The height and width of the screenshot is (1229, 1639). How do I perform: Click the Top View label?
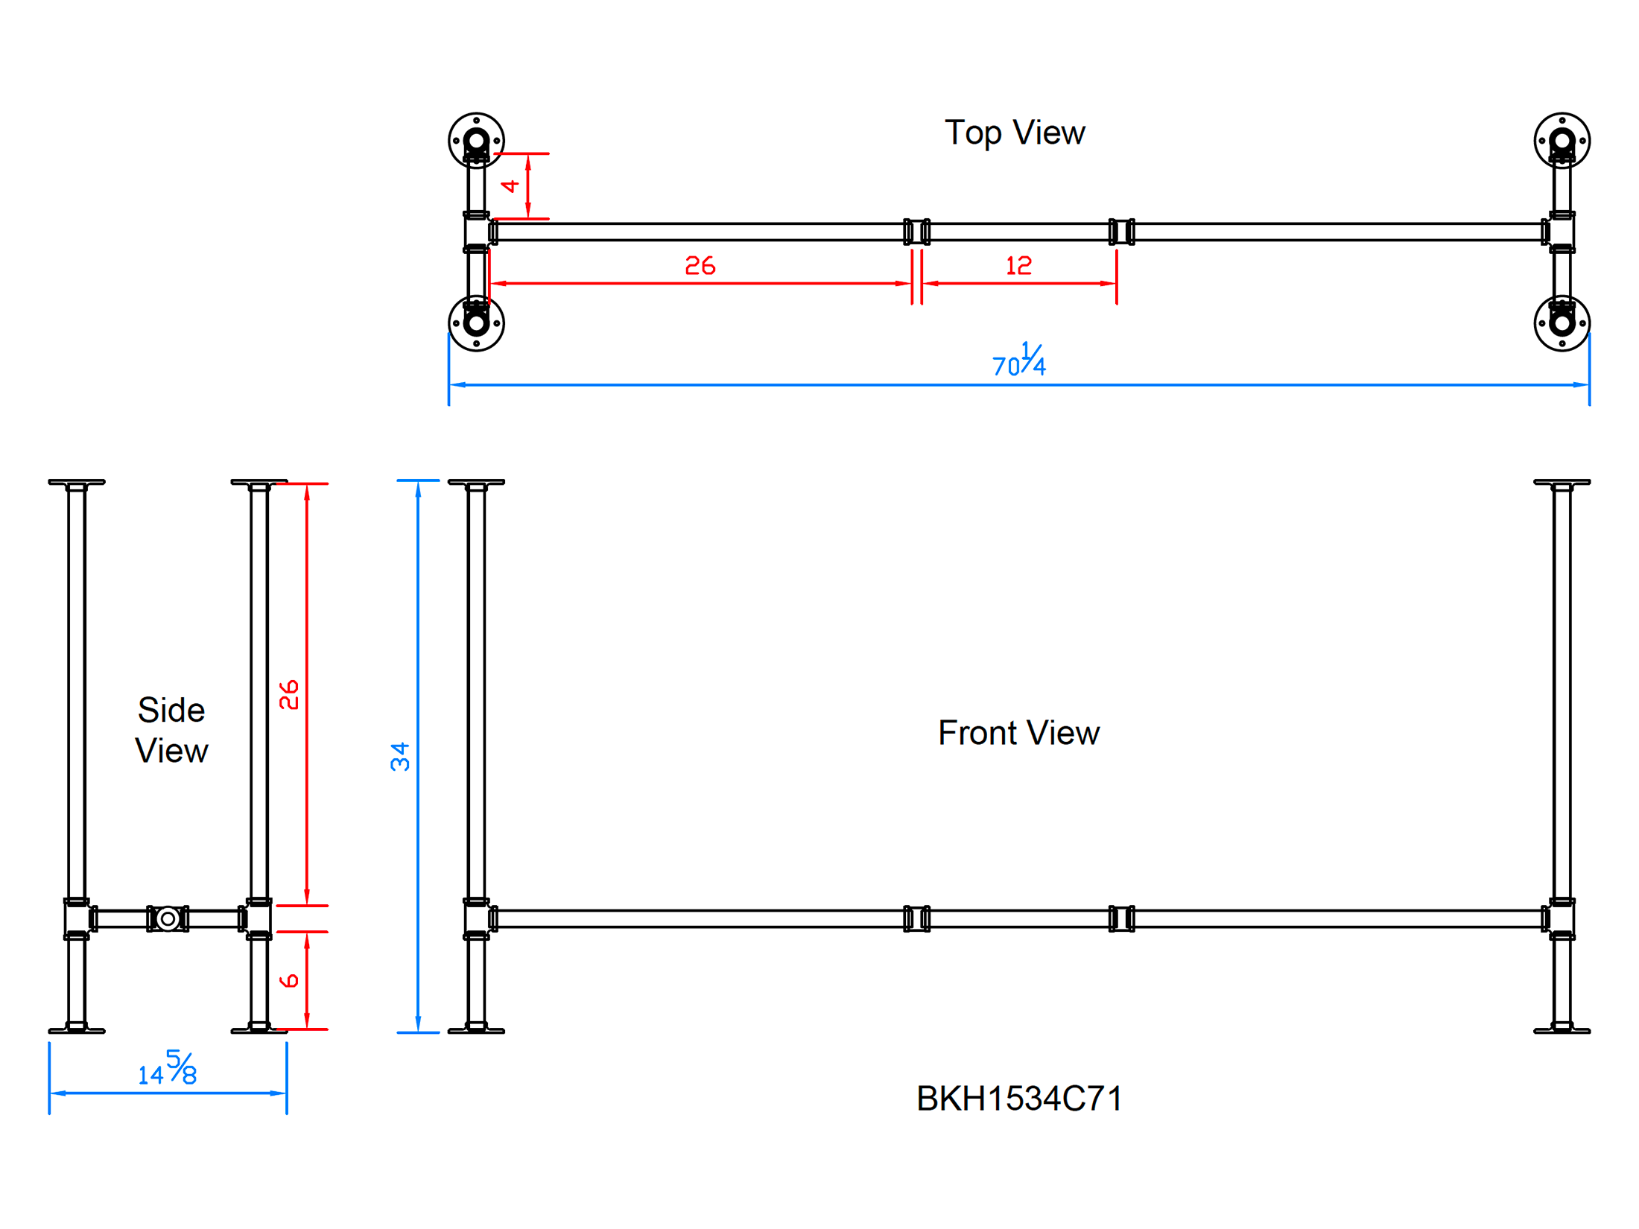[1014, 133]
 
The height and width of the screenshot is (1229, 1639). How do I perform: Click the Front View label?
[1018, 733]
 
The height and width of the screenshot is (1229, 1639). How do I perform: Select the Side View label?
[171, 730]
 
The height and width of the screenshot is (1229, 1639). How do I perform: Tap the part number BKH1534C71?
[1019, 1099]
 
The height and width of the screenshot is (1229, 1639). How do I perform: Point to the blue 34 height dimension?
[400, 757]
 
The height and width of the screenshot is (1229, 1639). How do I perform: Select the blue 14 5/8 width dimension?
[168, 1069]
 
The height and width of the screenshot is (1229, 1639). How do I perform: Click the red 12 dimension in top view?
[1018, 266]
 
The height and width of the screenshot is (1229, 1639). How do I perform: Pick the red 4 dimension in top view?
[510, 185]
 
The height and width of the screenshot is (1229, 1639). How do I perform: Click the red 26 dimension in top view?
[700, 266]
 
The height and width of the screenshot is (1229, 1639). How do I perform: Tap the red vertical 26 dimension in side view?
[289, 694]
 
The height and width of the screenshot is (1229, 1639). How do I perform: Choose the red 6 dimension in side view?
[289, 980]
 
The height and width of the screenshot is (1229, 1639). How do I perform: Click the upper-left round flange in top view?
[476, 140]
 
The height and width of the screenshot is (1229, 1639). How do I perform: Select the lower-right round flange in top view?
[1562, 323]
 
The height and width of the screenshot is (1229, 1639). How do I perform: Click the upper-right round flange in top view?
[1562, 140]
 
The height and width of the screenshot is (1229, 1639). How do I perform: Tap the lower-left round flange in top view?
[476, 323]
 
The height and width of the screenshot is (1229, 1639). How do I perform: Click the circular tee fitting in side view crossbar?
[168, 918]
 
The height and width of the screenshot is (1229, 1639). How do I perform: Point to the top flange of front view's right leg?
[1562, 483]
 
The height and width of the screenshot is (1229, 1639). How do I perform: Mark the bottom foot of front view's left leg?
[476, 1030]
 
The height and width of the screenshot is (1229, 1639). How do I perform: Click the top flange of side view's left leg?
[77, 483]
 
